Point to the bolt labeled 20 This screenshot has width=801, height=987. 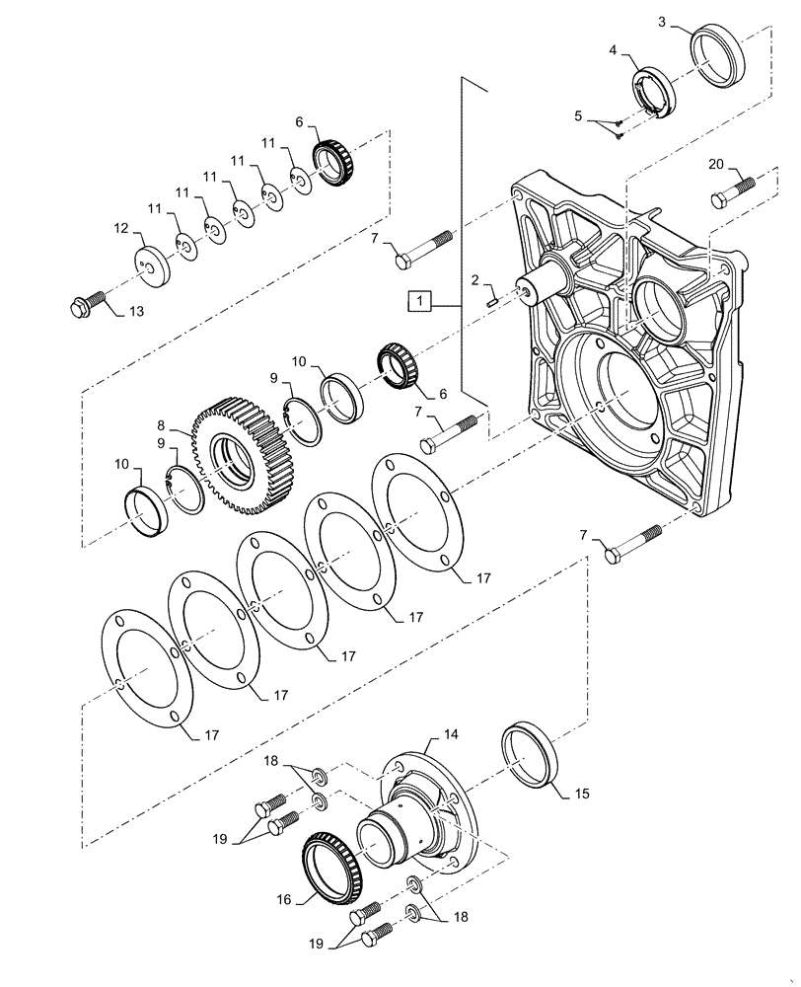tap(732, 192)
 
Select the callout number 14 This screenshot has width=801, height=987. tap(451, 734)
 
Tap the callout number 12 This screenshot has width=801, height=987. tap(120, 227)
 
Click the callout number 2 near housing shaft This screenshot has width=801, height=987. tap(474, 280)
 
